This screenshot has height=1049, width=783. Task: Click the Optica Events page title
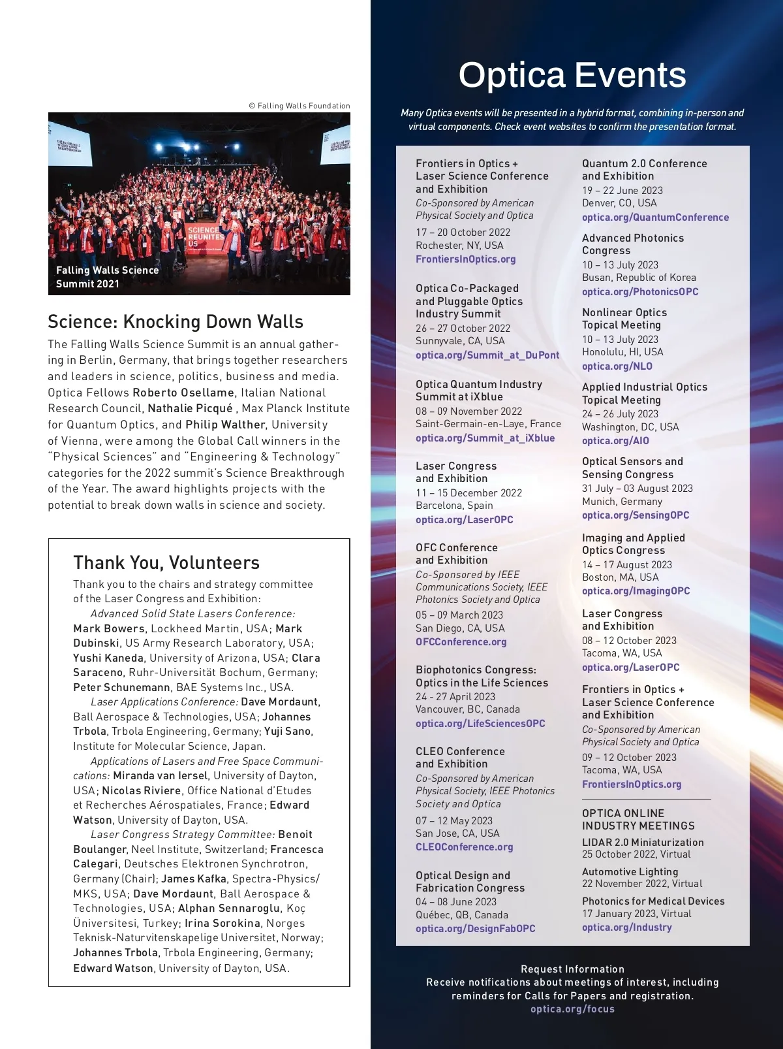click(572, 75)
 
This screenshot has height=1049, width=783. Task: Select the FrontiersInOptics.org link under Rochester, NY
click(465, 259)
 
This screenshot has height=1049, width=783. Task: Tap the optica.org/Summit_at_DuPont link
click(487, 355)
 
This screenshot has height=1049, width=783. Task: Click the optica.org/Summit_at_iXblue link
click(485, 438)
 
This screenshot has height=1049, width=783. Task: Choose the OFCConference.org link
click(461, 642)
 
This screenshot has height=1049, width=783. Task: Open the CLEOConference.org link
click(464, 847)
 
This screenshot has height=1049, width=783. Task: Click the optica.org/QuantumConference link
click(655, 218)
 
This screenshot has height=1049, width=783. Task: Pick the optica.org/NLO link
click(617, 366)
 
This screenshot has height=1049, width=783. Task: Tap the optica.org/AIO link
click(615, 441)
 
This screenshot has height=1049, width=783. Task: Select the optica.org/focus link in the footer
click(572, 1009)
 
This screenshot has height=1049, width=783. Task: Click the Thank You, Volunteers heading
click(166, 563)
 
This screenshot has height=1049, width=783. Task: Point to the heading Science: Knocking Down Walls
click(176, 322)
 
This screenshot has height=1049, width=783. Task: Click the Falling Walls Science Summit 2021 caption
click(107, 277)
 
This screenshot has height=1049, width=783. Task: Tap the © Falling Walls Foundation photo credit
click(299, 106)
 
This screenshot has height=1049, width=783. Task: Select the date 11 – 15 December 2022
click(468, 493)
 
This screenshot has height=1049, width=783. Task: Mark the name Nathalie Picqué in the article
click(190, 408)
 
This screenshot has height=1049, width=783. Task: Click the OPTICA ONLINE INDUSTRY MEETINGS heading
click(638, 820)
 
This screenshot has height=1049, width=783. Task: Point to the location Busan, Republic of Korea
click(639, 278)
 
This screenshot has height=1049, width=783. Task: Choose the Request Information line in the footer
click(572, 969)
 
